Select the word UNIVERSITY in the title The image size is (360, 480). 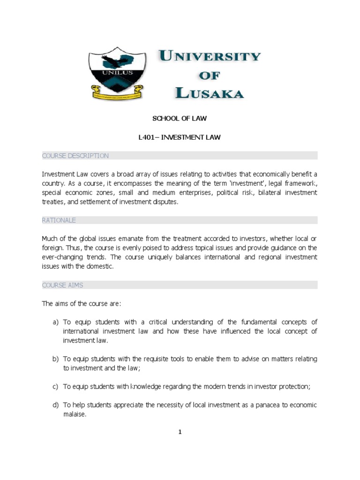click(x=210, y=57)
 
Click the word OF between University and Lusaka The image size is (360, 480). click(x=209, y=75)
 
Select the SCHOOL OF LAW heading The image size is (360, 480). click(x=180, y=119)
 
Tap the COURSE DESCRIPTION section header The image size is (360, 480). click(x=75, y=156)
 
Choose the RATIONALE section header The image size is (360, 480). click(x=59, y=220)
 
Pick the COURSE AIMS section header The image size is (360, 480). click(x=63, y=285)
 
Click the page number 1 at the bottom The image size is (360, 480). click(x=180, y=432)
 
